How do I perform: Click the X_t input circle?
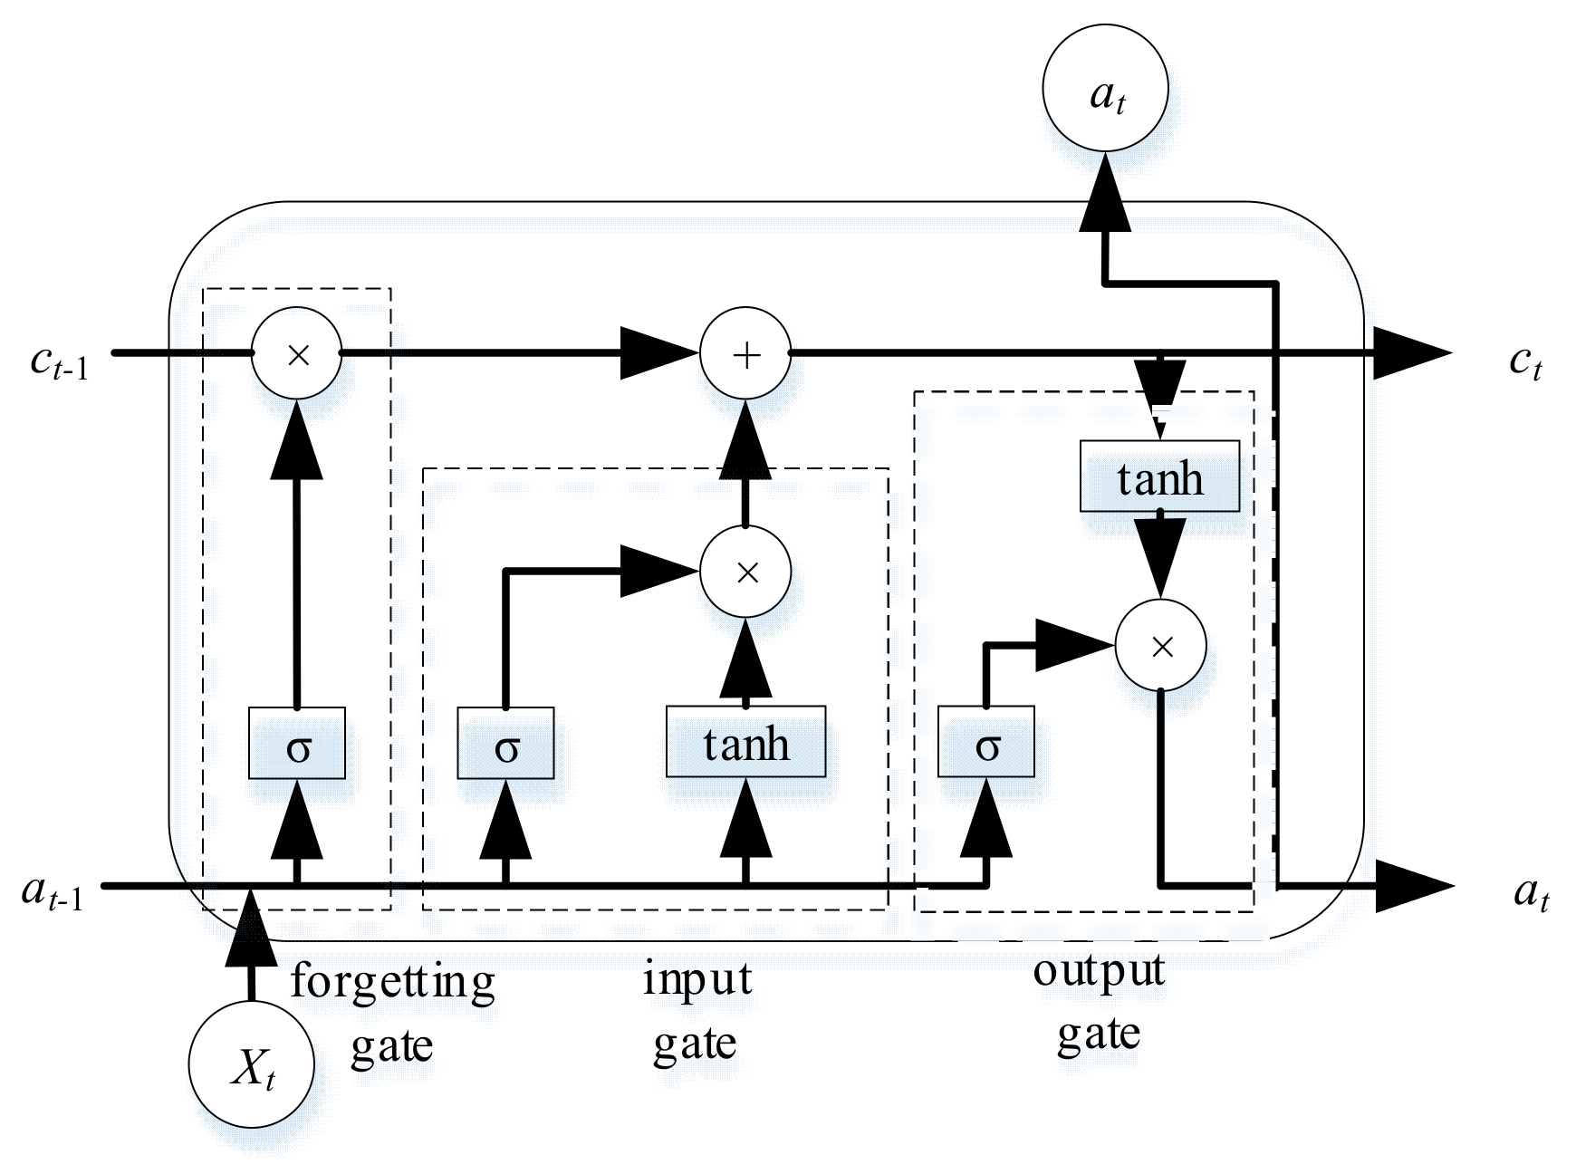pos(252,1064)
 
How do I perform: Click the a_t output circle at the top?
pos(1105,89)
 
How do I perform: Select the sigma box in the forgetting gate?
pos(297,743)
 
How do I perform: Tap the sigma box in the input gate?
pos(505,743)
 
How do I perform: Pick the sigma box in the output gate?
pos(985,743)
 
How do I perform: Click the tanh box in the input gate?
pos(745,742)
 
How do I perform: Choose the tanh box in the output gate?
pos(1159,476)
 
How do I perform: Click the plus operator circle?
pos(745,353)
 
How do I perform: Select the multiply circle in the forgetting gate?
pos(297,353)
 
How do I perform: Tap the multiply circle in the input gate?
pos(745,572)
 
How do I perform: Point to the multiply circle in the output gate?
pos(1160,645)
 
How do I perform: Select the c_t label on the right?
pos(1524,362)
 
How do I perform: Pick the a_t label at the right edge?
pos(1531,893)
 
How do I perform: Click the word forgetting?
pos(392,982)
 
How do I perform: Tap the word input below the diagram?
pos(697,979)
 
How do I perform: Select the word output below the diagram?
pos(1098,971)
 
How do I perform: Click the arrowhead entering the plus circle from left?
pos(657,353)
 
